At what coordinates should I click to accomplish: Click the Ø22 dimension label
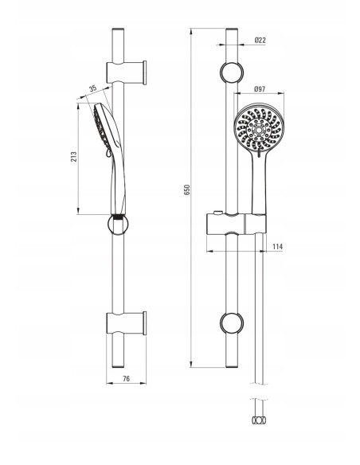260,40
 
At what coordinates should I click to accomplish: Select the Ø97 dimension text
260,88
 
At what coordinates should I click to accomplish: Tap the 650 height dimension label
187,190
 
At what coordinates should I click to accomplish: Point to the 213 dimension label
73,156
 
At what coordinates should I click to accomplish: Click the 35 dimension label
93,88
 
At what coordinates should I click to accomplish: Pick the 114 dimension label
277,247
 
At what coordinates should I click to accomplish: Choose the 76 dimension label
127,379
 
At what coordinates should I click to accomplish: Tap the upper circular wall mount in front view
232,73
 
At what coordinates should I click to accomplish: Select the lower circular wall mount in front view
232,323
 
